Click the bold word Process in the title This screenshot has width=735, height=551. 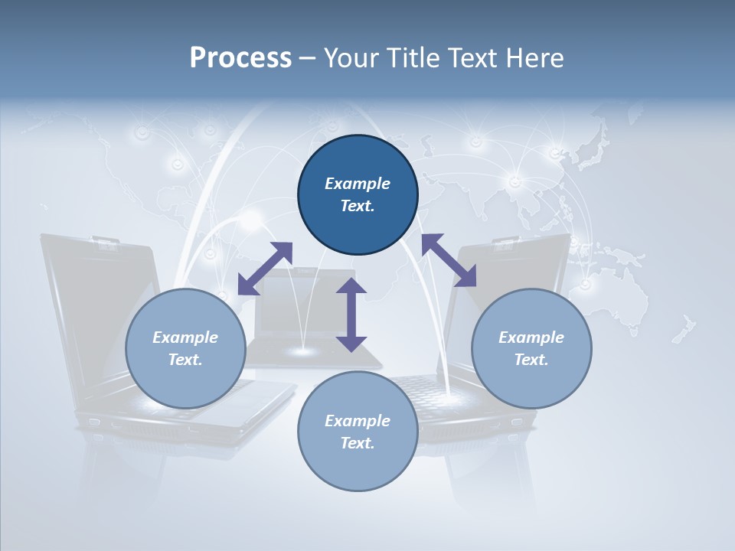click(x=240, y=58)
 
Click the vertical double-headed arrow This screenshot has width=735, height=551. click(x=351, y=315)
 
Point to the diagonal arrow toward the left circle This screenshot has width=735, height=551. click(x=265, y=269)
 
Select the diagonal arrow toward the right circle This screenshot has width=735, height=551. click(x=449, y=260)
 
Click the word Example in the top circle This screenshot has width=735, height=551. click(x=358, y=184)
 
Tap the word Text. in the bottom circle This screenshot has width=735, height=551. click(x=358, y=443)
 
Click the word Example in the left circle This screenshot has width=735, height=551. click(x=185, y=337)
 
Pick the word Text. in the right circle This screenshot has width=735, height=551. click(x=531, y=360)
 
